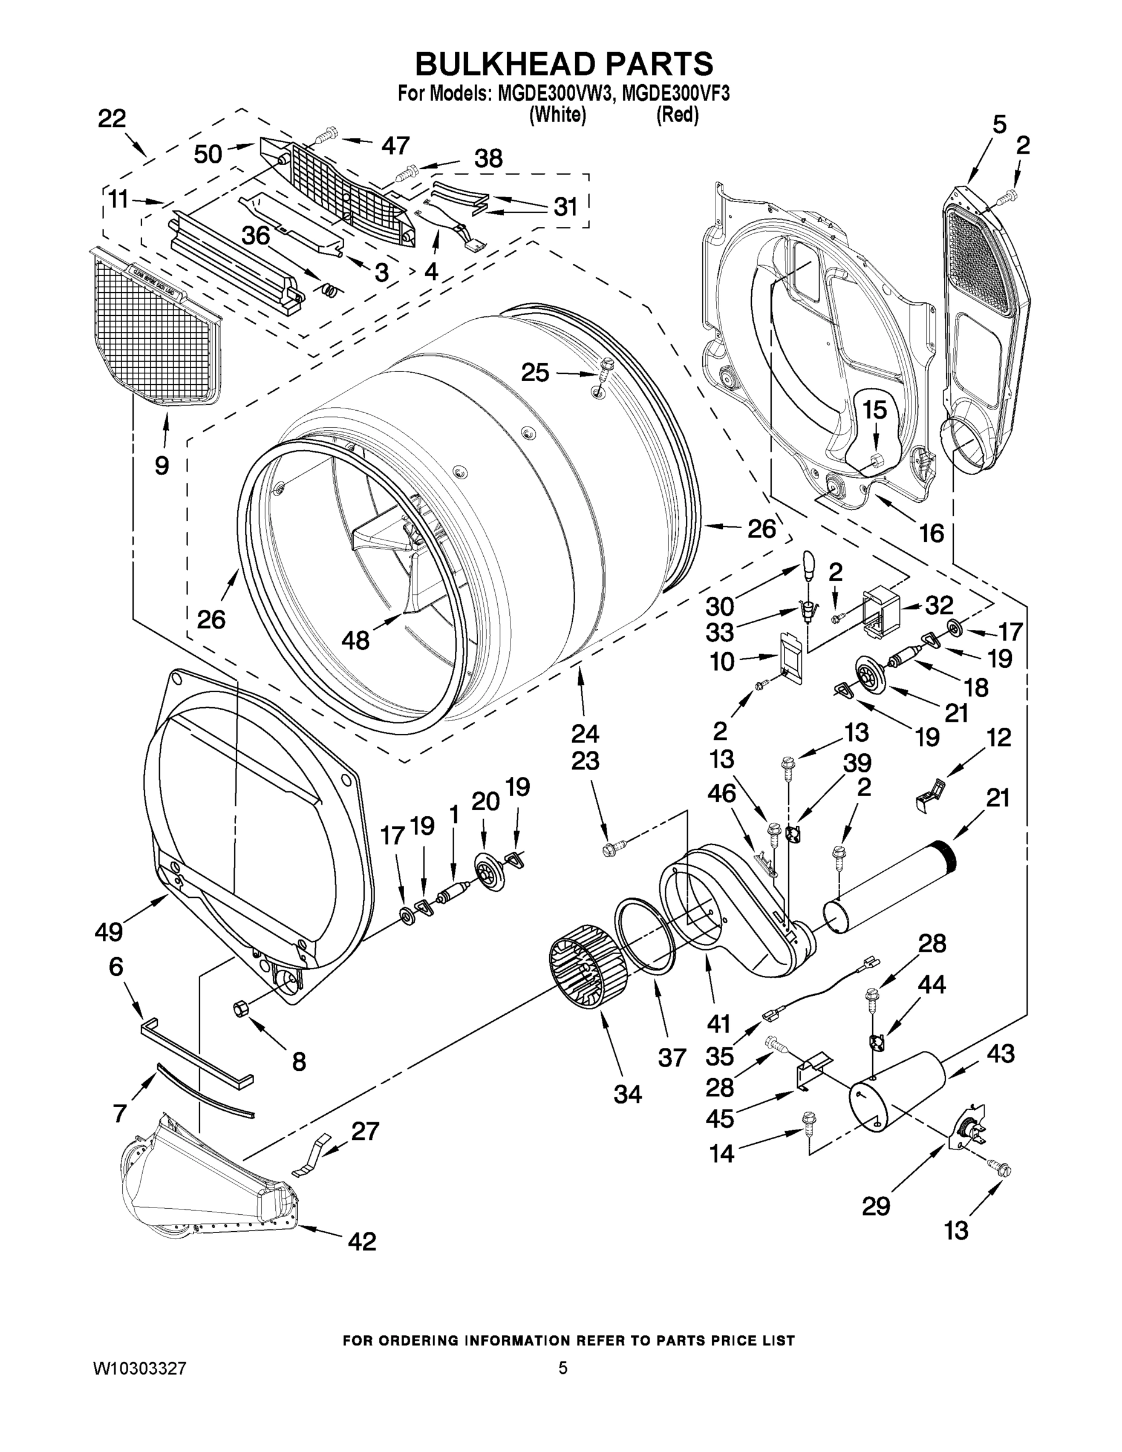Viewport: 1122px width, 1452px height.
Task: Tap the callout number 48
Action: click(x=355, y=640)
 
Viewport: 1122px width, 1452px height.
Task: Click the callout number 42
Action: click(x=362, y=1241)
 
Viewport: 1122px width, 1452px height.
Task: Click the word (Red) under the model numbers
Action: click(x=677, y=115)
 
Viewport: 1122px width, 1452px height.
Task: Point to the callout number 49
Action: click(x=108, y=932)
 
